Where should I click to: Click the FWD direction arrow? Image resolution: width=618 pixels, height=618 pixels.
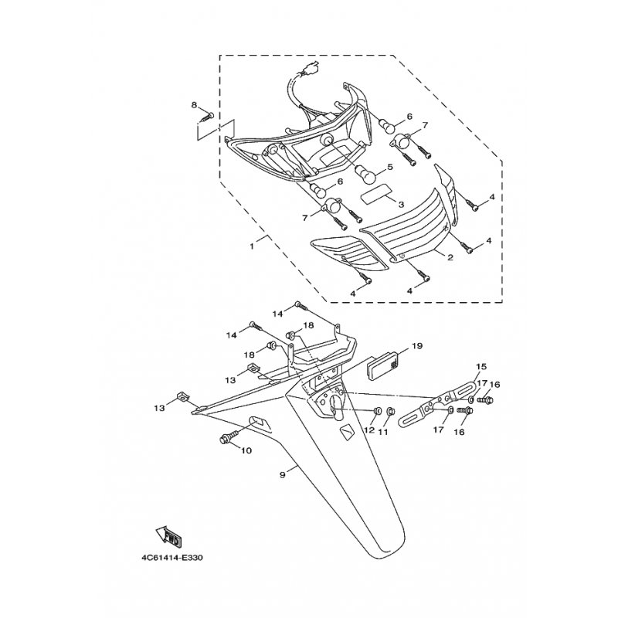(x=168, y=537)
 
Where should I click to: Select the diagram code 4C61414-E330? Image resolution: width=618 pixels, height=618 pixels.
(x=172, y=558)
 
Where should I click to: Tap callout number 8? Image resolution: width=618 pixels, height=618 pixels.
(x=194, y=105)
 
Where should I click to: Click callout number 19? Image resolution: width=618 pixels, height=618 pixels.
(x=417, y=345)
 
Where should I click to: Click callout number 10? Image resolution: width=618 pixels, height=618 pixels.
(x=246, y=450)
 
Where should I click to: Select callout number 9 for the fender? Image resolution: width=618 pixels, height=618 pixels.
(x=282, y=475)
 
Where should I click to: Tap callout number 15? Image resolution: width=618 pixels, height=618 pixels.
(x=481, y=366)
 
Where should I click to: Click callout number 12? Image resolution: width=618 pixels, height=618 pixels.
(x=369, y=430)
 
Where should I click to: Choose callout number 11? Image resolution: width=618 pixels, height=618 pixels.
(x=382, y=432)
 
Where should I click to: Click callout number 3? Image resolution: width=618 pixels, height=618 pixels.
(x=401, y=205)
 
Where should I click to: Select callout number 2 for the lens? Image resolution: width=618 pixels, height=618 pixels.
(x=450, y=257)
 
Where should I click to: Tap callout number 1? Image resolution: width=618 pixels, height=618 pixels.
(x=252, y=246)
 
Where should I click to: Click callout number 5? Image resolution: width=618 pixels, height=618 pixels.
(x=390, y=167)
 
